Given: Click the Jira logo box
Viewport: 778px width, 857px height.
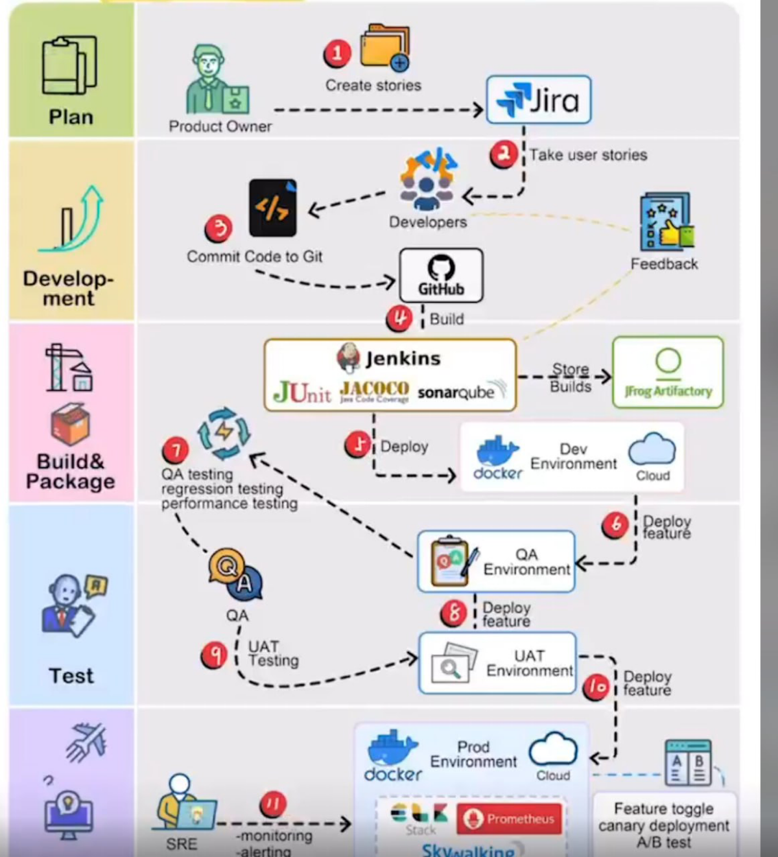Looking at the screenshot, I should pos(538,100).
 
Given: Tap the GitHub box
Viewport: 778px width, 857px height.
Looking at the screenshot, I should pos(441,276).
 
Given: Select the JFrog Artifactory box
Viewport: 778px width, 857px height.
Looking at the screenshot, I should pos(668,372).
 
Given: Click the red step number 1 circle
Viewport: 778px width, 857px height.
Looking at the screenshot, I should pos(337,53).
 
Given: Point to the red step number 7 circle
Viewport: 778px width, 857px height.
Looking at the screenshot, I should pos(176,449).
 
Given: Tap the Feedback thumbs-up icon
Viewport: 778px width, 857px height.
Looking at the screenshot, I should pos(666,222).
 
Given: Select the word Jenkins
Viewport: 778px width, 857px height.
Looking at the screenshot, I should pos(403,358).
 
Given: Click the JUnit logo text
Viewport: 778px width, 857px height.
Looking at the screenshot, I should pos(302,392).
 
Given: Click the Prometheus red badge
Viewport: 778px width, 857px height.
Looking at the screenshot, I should pos(510,819).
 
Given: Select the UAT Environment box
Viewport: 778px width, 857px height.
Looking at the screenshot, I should pos(497,663).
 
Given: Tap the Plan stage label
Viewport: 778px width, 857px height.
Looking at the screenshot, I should pos(71,117).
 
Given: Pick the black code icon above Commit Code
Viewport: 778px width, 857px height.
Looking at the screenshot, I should pos(273,208).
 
